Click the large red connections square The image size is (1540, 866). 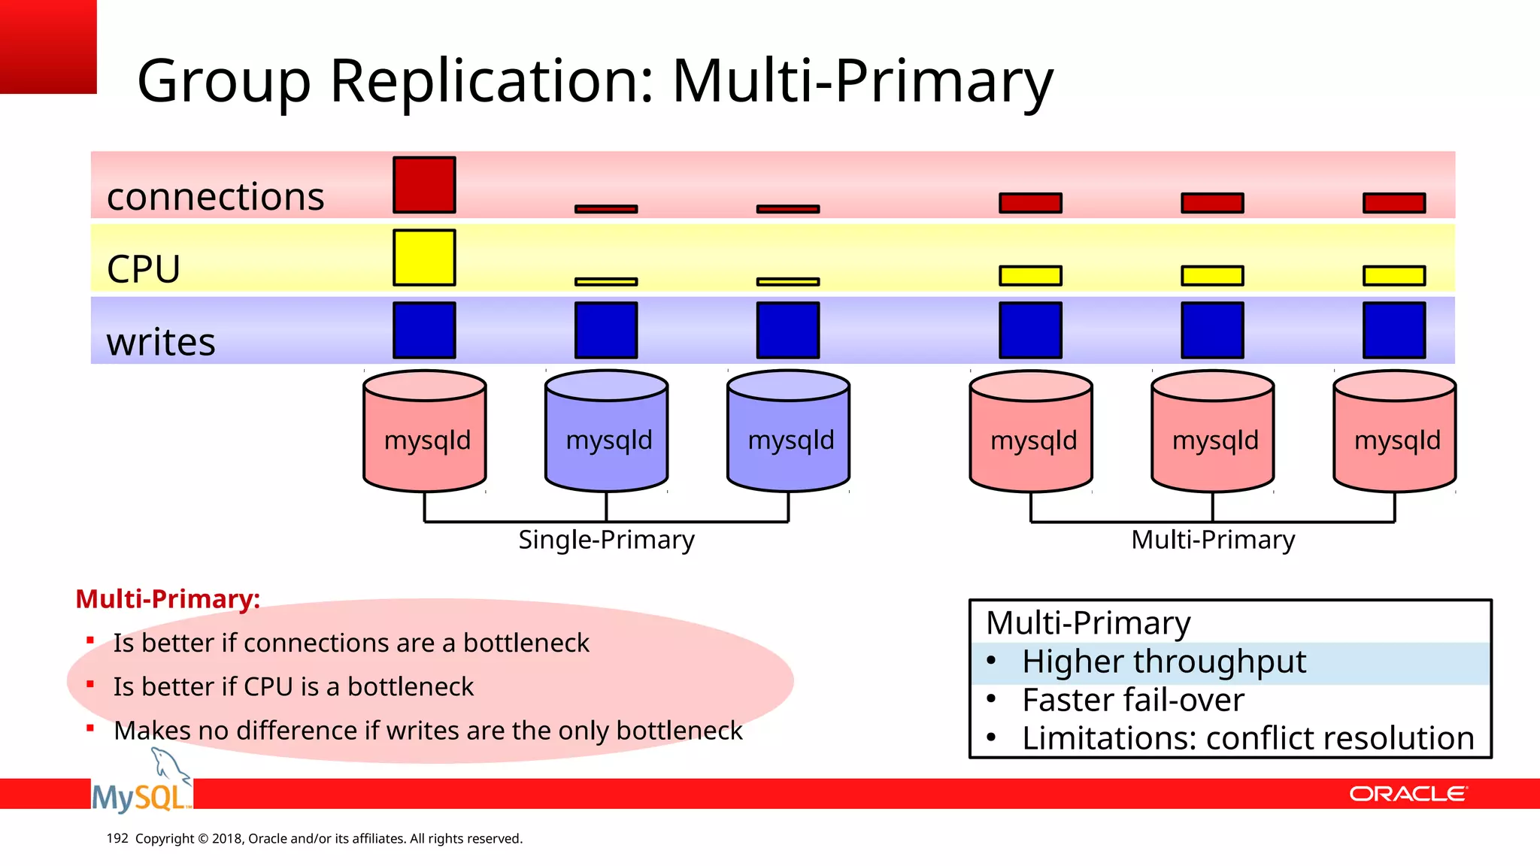[424, 185]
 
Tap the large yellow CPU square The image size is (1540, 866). [424, 257]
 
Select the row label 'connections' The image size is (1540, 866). [215, 197]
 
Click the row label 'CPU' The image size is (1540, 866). [144, 269]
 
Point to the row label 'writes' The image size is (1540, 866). [161, 342]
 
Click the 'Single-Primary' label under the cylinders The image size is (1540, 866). [606, 540]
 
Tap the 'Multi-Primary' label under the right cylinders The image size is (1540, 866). [1213, 540]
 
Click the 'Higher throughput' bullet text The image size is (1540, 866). [1163, 662]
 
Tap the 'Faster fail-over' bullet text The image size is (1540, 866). [1132, 701]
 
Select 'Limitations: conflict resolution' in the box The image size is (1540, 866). [1247, 739]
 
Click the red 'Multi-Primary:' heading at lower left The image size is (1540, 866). [168, 599]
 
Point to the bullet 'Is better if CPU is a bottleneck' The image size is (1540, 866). [293, 687]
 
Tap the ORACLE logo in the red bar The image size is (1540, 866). [1407, 795]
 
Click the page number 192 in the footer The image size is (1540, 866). [117, 838]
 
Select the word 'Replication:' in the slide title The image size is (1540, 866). [493, 81]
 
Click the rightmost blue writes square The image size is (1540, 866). [1394, 330]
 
